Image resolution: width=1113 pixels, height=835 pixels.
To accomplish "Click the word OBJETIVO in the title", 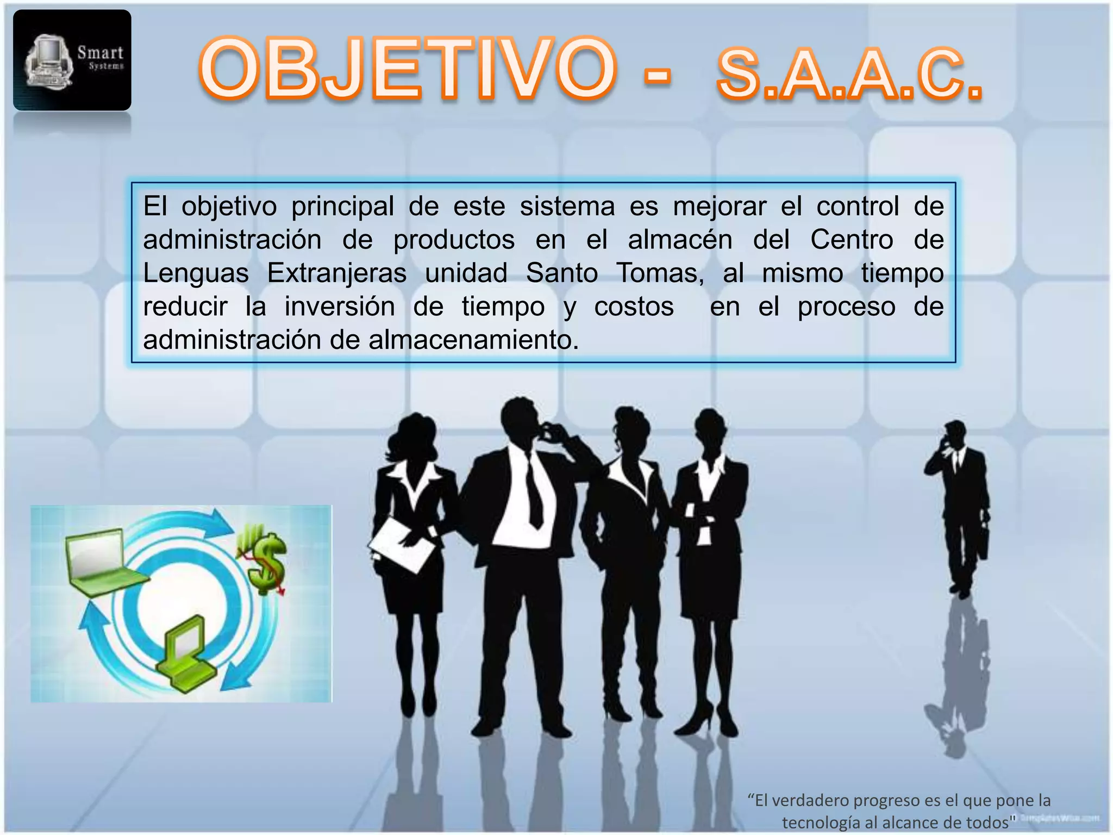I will coord(408,70).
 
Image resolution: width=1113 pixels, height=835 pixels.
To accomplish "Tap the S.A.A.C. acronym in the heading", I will coord(849,76).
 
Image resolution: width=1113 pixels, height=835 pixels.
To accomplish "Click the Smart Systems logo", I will coord(72,60).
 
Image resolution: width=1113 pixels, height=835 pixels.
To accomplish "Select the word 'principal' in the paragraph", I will coord(342,207).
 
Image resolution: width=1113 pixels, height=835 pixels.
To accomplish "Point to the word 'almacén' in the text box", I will coord(680,240).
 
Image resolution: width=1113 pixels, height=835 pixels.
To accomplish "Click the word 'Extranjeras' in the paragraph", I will coord(336,273).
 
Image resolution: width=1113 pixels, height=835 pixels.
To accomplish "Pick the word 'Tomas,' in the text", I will coord(660,273).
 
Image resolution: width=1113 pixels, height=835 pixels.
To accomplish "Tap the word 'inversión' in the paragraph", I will coord(340,307).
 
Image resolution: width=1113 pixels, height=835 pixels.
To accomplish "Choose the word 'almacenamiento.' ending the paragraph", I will coord(473,340).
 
